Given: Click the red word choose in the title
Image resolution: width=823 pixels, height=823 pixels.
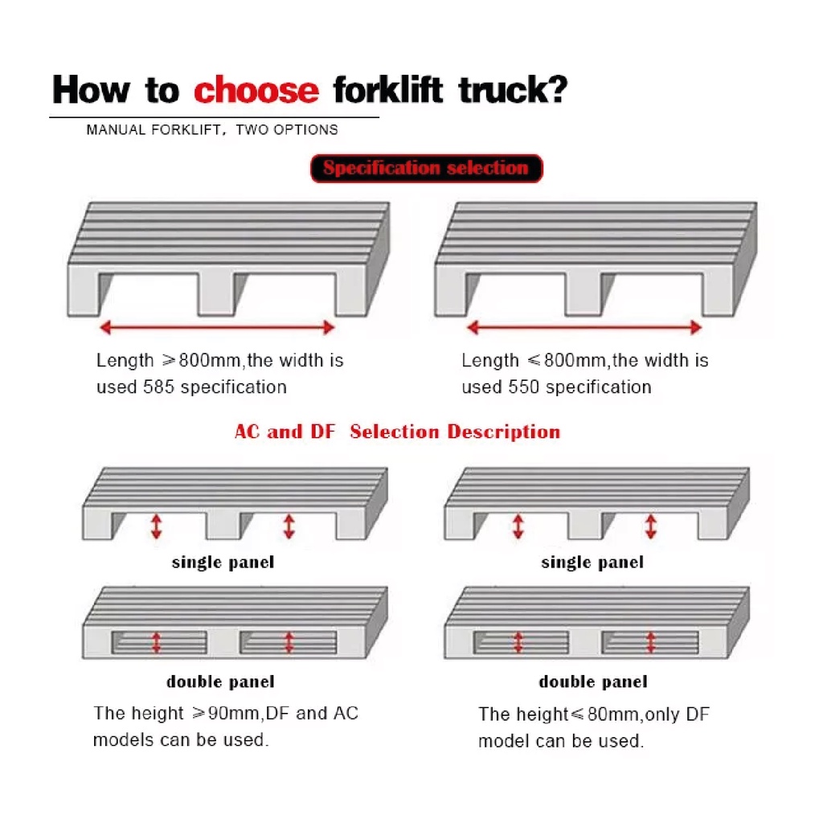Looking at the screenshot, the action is pos(256,90).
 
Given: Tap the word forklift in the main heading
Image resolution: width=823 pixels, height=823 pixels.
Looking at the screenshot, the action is pos(388,89).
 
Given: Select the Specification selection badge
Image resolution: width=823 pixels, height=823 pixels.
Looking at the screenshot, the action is pos(426,168).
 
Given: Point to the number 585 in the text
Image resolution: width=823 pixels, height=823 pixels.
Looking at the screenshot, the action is pos(158,387).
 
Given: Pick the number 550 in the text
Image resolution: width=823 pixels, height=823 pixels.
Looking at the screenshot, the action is pos(524,387).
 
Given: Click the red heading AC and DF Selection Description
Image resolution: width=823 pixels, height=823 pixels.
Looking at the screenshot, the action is pos(397,432).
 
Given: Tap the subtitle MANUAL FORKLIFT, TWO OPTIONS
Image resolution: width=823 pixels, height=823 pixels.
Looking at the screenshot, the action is pos(212,129).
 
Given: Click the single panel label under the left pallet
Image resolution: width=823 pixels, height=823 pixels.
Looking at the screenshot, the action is pos(223,562).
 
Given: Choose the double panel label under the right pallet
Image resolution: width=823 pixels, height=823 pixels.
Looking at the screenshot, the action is pos(593,682).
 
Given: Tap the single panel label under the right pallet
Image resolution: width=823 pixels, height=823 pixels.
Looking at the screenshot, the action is pos(592,562).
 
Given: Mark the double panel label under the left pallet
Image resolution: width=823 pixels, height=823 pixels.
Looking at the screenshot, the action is pos(220,682).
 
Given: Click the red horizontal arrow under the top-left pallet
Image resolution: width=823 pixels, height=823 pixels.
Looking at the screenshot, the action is pos(217,328).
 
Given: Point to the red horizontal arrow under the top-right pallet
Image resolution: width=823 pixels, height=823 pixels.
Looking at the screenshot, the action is pos(584,328).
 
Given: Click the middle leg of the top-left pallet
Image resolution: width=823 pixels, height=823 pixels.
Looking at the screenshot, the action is pos(215,294).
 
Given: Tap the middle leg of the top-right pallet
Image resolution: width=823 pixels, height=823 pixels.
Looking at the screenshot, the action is pos(583,294).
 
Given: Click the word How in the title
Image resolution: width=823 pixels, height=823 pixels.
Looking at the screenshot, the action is pos(91,90).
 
